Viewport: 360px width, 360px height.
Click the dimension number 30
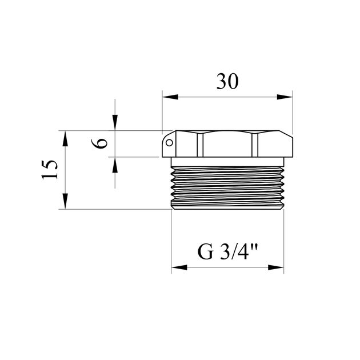tap(227, 81)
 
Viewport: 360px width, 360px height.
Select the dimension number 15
tap(49, 170)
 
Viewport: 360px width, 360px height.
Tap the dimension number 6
tap(99, 143)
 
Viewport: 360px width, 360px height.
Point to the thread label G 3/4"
tap(227, 251)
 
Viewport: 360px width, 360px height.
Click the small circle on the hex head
tap(169, 143)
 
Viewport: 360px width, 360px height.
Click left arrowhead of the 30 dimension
tap(170, 97)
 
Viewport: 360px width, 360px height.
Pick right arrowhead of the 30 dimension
tap(285, 97)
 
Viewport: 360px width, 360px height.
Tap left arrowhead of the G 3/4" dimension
tap(179, 267)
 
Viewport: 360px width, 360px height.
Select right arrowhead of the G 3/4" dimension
tap(276, 267)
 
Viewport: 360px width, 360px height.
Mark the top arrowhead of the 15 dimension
tap(66, 138)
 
